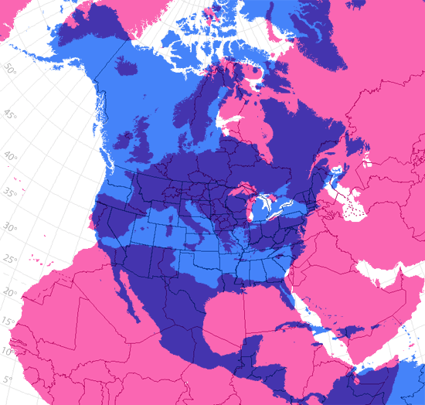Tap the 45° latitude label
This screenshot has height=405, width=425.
(x=9, y=115)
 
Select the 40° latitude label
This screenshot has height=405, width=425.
(x=10, y=155)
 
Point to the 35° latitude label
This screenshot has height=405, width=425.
(x=9, y=192)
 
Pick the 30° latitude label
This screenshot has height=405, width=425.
(x=9, y=228)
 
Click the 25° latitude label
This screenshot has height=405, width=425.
(x=9, y=260)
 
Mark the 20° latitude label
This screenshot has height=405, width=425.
(x=8, y=292)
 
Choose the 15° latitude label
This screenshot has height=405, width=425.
(x=8, y=322)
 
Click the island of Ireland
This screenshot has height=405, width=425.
(x=124, y=140)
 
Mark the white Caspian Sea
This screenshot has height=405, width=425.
(x=338, y=182)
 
